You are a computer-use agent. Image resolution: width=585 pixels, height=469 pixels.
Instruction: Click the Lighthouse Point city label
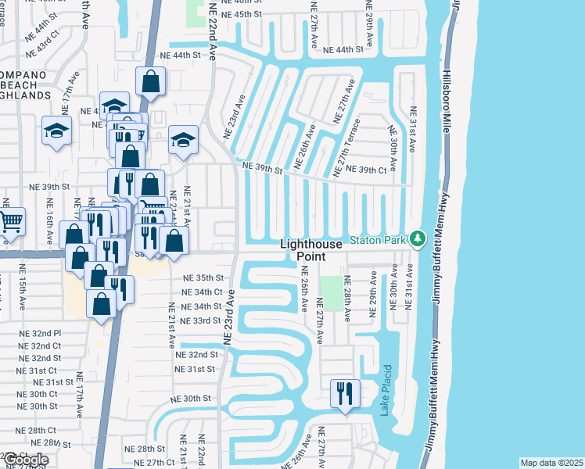point(312,250)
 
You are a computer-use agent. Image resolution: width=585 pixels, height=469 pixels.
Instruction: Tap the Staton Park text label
point(378,240)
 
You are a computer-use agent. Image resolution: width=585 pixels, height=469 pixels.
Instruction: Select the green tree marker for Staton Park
point(418,238)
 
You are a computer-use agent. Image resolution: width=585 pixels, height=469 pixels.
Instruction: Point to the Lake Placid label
point(386,389)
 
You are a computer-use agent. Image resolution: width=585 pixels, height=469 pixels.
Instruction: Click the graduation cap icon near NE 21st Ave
point(183,141)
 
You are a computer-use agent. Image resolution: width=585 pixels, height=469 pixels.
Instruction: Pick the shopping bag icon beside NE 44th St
point(150,81)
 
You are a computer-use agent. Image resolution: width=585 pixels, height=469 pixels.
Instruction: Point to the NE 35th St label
point(203,277)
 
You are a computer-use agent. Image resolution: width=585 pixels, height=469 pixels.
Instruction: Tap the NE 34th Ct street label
point(202,292)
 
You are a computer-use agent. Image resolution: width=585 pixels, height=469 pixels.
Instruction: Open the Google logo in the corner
point(25,459)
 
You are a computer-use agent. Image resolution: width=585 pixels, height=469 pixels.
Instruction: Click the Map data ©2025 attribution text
point(551,463)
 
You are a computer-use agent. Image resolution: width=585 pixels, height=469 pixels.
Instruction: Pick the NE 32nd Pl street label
point(40,332)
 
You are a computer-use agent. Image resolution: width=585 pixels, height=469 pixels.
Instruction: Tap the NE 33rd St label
point(201,320)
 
